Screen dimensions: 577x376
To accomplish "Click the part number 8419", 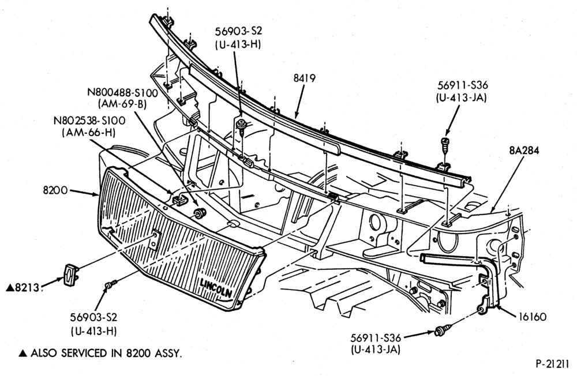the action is click(x=304, y=78).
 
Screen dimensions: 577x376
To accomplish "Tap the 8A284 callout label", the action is click(x=524, y=151).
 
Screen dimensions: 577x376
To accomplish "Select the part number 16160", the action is click(x=533, y=317).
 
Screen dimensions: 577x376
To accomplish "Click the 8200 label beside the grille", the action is click(x=55, y=190).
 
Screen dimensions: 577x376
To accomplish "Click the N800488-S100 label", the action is click(x=122, y=92).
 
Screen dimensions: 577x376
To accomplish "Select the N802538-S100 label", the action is click(x=89, y=121).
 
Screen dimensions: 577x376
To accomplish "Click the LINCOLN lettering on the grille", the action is click(x=216, y=288).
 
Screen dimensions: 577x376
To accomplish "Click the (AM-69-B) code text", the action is click(x=122, y=104).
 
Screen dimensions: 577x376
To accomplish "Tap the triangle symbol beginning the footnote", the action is click(x=23, y=354).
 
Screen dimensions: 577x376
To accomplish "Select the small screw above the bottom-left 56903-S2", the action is click(x=111, y=284).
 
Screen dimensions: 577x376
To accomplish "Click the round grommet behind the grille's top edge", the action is click(x=200, y=213).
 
